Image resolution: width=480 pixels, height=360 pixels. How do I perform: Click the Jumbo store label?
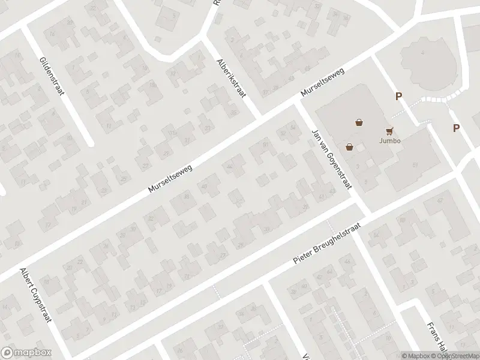click(x=390, y=141)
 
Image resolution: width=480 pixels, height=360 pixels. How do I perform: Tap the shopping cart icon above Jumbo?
click(x=390, y=130)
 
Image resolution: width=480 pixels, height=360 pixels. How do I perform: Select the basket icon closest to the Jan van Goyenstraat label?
click(x=349, y=146)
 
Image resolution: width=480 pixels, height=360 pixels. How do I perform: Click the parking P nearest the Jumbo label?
click(x=398, y=96)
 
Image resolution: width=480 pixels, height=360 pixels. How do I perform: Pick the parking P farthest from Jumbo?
click(x=456, y=128)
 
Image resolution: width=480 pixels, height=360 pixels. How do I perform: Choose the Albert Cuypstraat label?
click(x=35, y=295)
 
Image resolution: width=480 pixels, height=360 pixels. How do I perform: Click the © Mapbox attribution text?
click(x=415, y=356)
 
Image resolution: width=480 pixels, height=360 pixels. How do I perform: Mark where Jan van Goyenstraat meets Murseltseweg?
click(x=298, y=102)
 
